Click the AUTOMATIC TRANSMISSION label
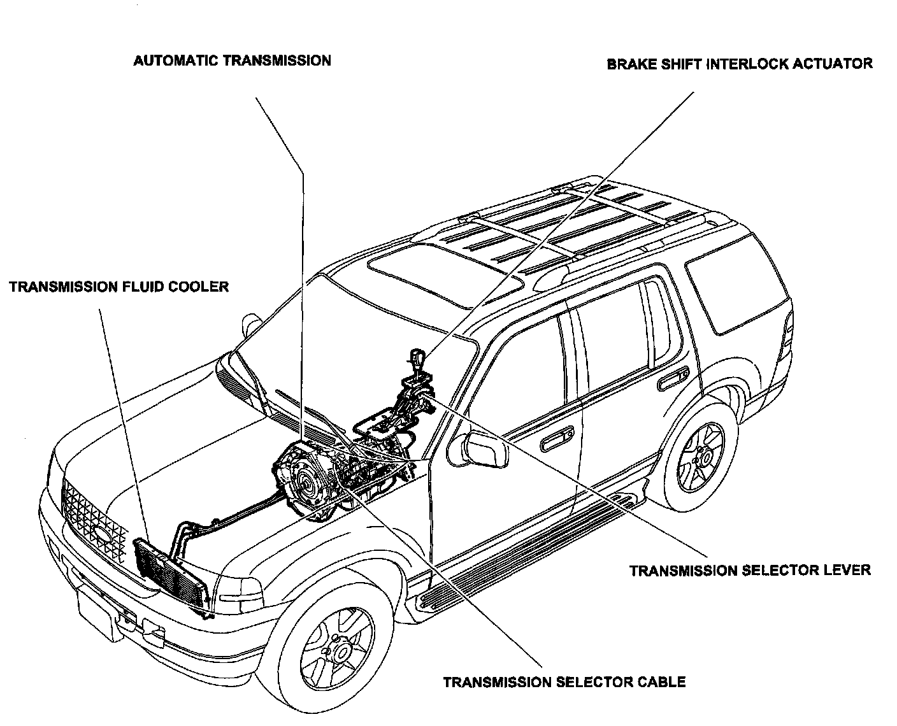232,61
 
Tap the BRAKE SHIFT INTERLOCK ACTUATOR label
739,64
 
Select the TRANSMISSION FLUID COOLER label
118,287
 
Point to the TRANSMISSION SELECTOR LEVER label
750,570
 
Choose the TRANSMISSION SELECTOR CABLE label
564,682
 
